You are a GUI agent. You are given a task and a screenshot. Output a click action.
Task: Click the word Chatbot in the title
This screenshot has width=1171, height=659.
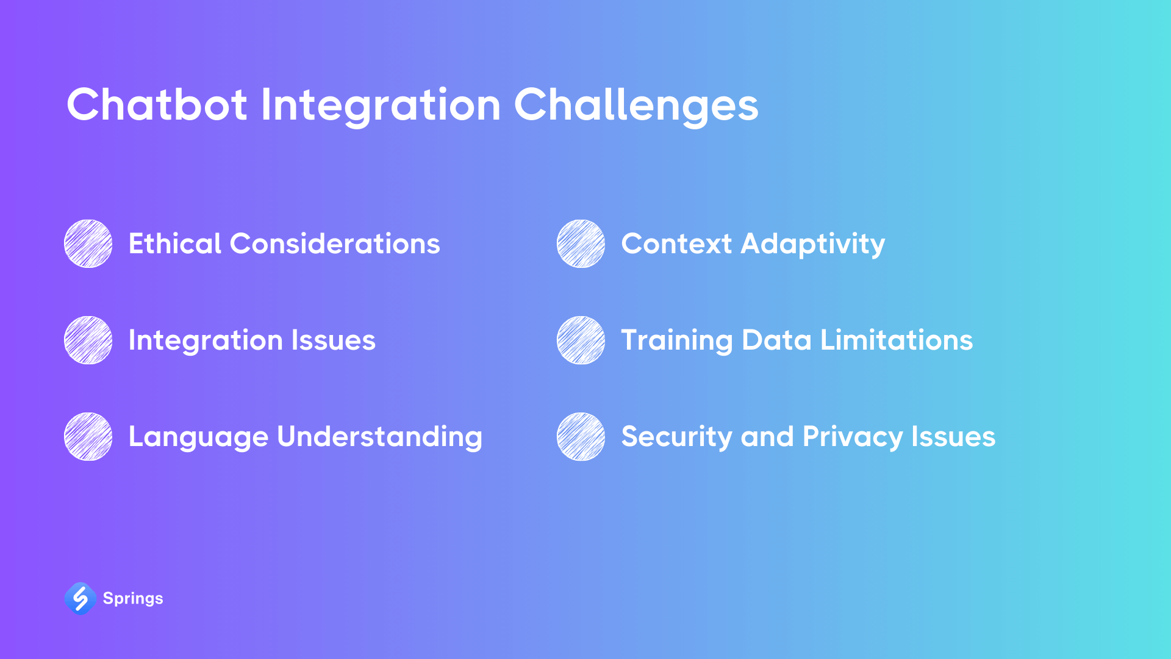pyautogui.click(x=157, y=104)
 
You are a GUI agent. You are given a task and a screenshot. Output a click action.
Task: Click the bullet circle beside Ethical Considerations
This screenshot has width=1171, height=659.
pyautogui.click(x=88, y=243)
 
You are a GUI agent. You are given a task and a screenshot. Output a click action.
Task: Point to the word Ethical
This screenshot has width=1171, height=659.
pyautogui.click(x=174, y=243)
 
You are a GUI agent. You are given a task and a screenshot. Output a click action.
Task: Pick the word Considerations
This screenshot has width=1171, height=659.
pyautogui.click(x=335, y=243)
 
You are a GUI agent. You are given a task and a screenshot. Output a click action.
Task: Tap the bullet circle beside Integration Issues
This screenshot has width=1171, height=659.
pyautogui.click(x=88, y=340)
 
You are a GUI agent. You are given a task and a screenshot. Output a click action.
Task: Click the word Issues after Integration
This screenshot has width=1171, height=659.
pyautogui.click(x=333, y=340)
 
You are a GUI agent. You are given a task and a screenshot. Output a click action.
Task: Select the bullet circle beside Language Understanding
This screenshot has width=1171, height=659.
pyautogui.click(x=88, y=436)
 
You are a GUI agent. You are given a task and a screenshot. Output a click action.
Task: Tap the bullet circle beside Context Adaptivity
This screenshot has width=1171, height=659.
pyautogui.click(x=581, y=243)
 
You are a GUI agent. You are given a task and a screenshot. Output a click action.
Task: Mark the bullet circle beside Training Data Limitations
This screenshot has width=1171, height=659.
pyautogui.click(x=581, y=340)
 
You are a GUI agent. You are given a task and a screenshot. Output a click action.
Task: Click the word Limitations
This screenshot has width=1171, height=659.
pyautogui.click(x=897, y=340)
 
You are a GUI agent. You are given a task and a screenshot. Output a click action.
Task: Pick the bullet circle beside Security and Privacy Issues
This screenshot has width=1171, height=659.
pyautogui.click(x=581, y=436)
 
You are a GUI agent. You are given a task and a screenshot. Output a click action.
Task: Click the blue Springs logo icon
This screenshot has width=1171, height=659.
pyautogui.click(x=81, y=598)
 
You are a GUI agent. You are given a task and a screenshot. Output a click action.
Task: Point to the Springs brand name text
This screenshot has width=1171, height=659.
pyautogui.click(x=133, y=599)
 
